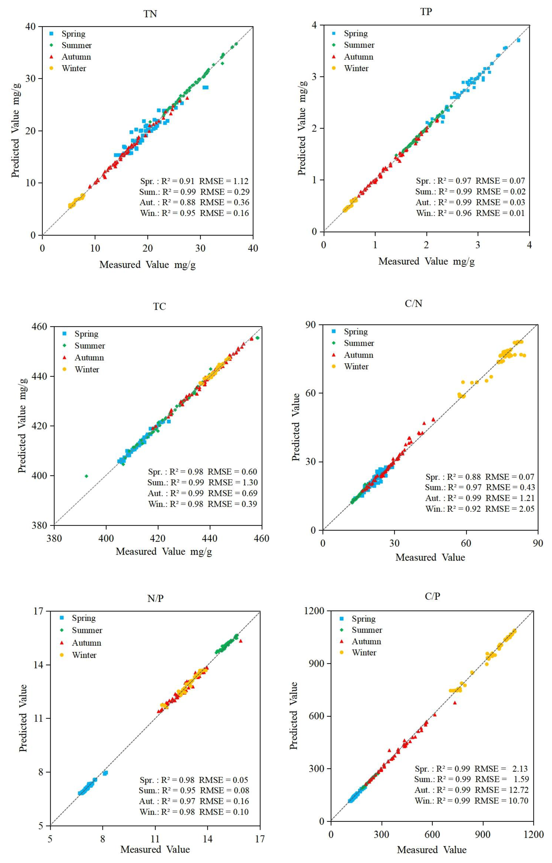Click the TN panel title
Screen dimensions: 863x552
150,14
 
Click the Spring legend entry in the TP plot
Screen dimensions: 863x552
356,33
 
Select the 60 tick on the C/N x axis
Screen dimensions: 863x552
466,543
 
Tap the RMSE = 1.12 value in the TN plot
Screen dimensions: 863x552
224,181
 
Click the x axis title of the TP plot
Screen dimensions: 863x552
427,261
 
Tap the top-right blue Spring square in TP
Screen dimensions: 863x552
518,40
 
